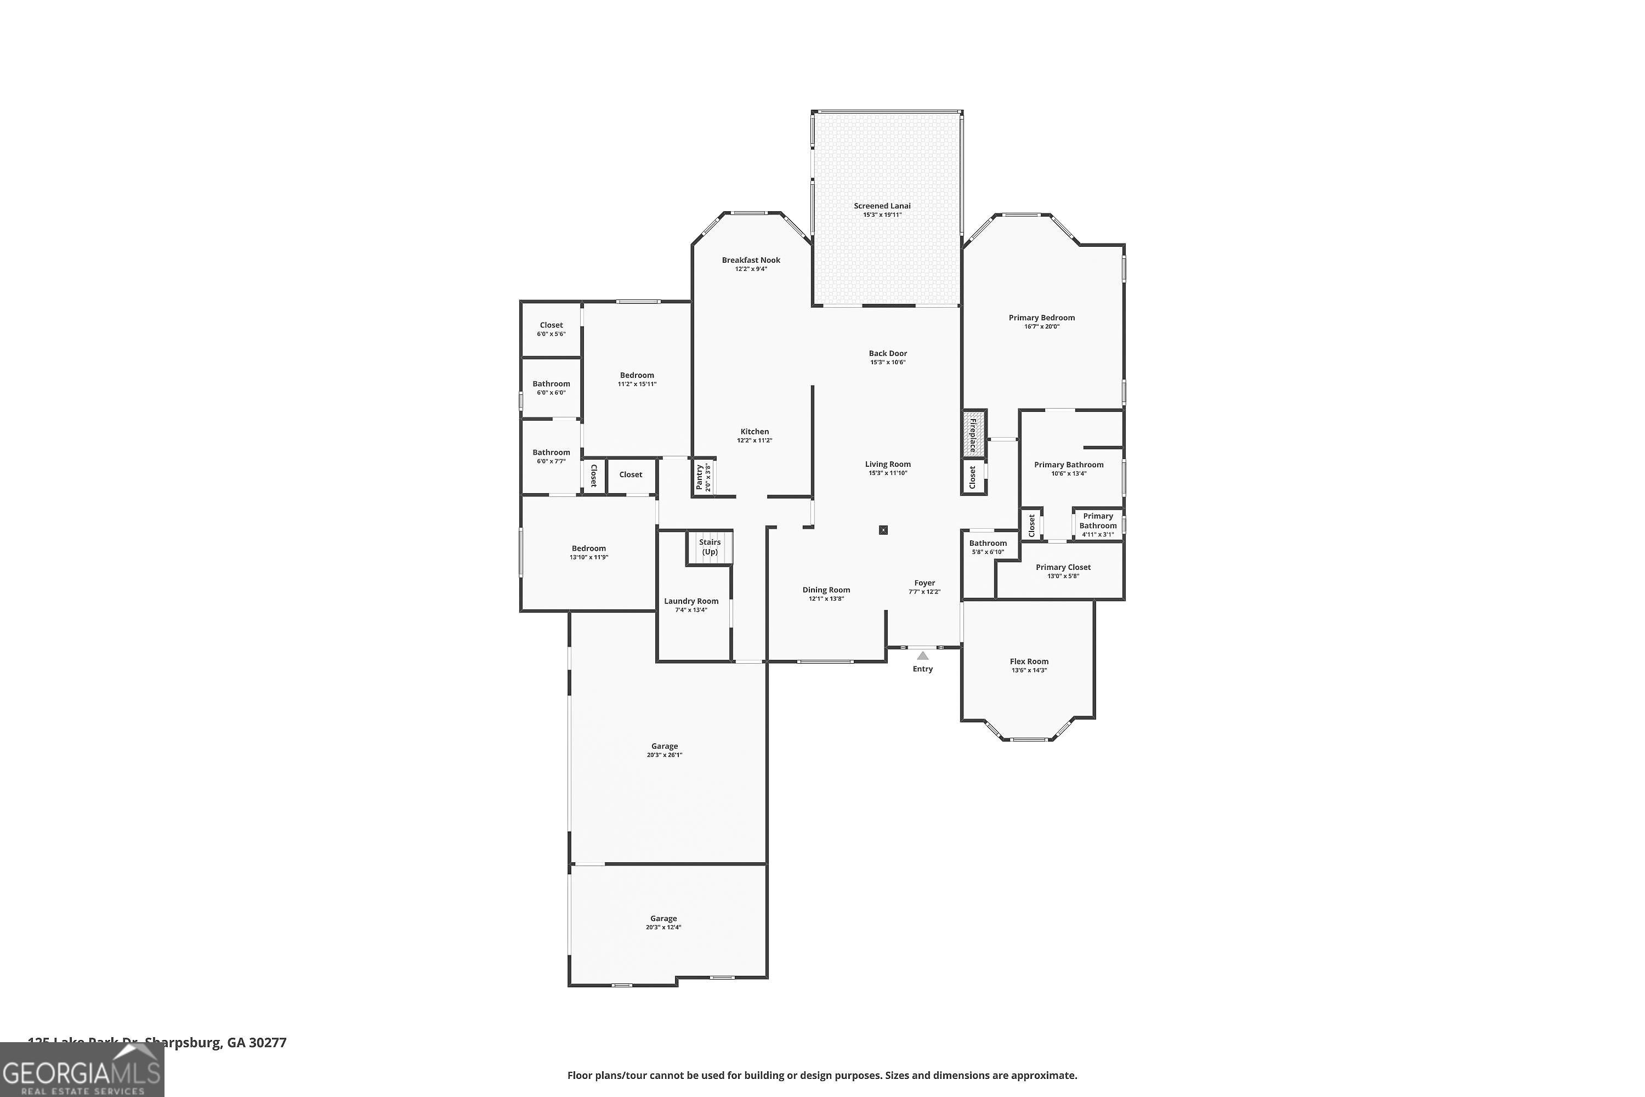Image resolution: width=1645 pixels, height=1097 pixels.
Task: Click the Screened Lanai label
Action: (x=882, y=206)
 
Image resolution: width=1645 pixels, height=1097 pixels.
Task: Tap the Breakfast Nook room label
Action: (x=751, y=260)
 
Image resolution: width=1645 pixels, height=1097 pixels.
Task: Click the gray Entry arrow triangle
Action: (x=922, y=655)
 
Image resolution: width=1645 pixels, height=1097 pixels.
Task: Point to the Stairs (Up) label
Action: (x=709, y=546)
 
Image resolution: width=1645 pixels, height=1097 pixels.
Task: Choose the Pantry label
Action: (x=700, y=477)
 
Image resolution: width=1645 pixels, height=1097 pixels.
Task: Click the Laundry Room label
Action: (x=691, y=601)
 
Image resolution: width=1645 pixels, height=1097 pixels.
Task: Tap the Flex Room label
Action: (x=1029, y=661)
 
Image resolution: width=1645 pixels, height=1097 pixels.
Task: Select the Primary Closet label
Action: (x=1063, y=567)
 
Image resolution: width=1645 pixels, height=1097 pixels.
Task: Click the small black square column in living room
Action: (x=883, y=530)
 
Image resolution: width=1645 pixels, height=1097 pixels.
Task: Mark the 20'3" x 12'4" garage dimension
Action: (x=663, y=927)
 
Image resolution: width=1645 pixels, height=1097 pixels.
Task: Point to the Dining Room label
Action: (x=826, y=590)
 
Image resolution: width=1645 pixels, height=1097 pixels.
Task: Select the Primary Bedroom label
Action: (x=1041, y=318)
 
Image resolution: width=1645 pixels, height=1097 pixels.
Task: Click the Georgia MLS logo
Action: (x=82, y=1071)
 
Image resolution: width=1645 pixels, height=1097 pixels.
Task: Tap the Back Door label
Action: (x=888, y=353)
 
